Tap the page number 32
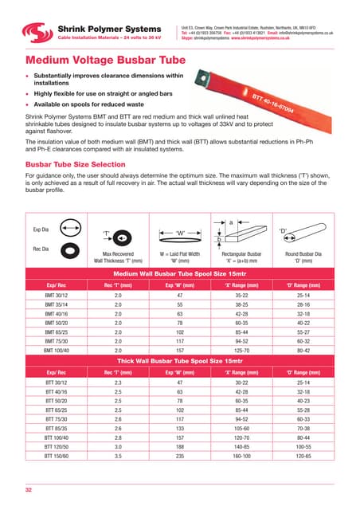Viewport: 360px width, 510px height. point(29,486)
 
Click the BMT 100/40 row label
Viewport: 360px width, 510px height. point(56,327)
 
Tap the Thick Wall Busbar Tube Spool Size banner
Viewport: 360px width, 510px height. point(180,337)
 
